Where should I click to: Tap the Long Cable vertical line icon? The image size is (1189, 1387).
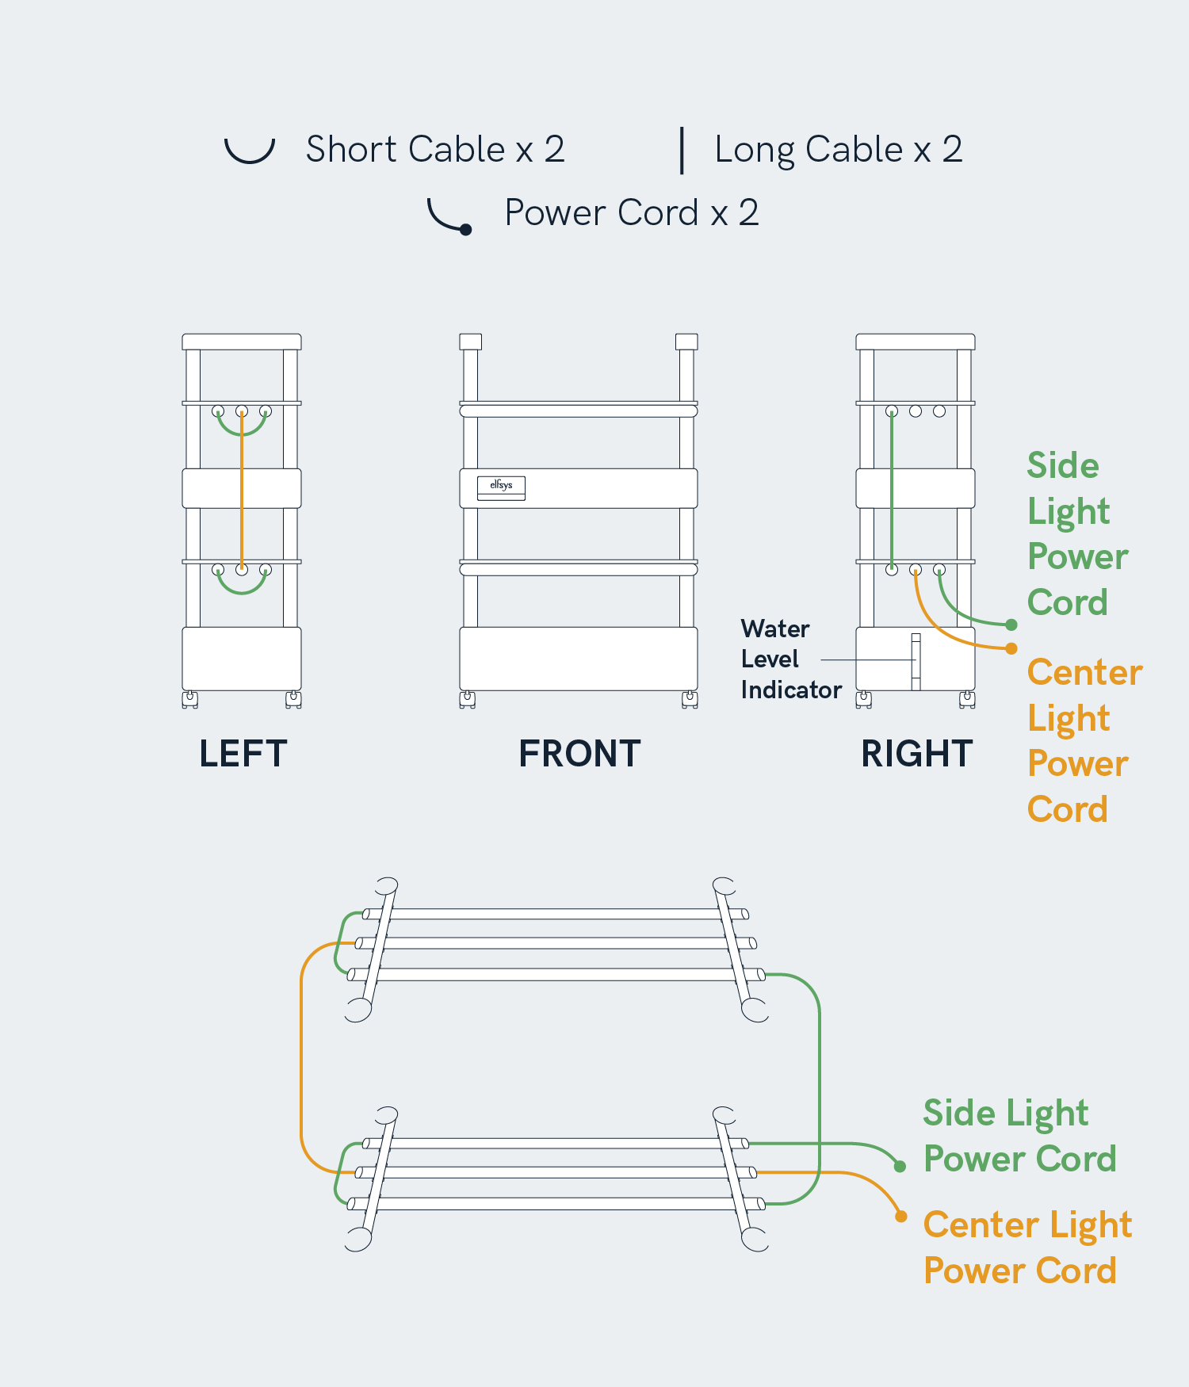[x=682, y=150]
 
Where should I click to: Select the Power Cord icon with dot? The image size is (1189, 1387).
[x=450, y=217]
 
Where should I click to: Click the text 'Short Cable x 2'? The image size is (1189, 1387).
[x=435, y=149]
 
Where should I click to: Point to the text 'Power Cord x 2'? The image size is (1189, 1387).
[x=632, y=212]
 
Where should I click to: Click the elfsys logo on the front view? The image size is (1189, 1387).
[x=501, y=486]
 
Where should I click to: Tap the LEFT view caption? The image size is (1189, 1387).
[x=243, y=753]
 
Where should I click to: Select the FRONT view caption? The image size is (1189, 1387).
[x=579, y=753]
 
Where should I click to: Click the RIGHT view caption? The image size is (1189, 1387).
[x=916, y=753]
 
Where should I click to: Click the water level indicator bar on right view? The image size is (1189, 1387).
[x=916, y=661]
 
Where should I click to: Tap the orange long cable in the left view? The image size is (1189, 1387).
[x=242, y=491]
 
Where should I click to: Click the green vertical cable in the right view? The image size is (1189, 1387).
[x=892, y=491]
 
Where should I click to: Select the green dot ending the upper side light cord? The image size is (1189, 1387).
[x=1011, y=625]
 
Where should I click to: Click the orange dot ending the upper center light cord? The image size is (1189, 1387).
[x=1011, y=648]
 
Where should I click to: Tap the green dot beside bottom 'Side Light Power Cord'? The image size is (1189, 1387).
[x=900, y=1166]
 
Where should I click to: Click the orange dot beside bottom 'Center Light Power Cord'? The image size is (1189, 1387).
[x=900, y=1216]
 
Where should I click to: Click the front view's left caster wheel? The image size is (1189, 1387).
[x=468, y=699]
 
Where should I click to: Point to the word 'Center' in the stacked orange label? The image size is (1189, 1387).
[x=1084, y=672]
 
